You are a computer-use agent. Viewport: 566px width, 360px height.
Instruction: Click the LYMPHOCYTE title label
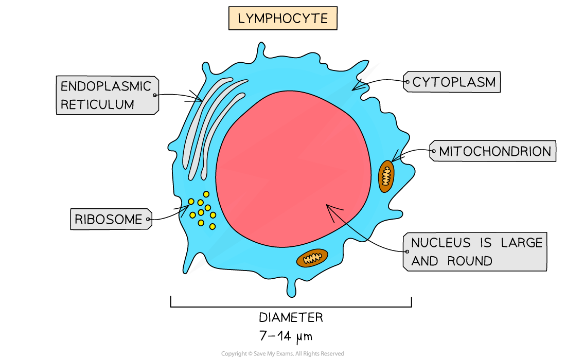tap(282, 19)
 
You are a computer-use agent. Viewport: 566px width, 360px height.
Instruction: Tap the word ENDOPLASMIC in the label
tap(106, 86)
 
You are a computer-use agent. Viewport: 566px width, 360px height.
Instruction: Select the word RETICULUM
tap(97, 104)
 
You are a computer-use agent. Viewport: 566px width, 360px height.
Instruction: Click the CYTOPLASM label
tap(454, 82)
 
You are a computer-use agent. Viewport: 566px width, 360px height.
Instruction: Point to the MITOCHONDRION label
tap(494, 152)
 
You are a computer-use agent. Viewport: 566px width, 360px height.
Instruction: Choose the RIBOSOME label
tap(108, 220)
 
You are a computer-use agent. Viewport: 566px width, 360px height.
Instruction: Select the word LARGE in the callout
tap(521, 243)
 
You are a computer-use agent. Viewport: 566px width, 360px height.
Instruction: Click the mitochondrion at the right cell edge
tap(386, 176)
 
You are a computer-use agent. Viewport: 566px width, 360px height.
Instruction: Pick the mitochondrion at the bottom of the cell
tap(312, 258)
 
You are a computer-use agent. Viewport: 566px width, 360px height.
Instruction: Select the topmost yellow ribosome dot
tap(206, 194)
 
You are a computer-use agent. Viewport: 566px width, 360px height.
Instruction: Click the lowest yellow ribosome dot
tap(213, 226)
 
